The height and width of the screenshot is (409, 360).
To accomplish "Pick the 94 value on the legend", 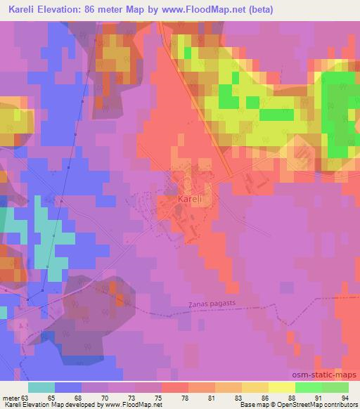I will click(x=345, y=397).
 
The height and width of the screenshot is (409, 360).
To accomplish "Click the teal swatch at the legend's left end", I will click(x=41, y=387).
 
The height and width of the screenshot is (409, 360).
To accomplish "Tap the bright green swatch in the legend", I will click(x=308, y=387).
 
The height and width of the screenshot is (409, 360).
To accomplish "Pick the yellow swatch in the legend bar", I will click(x=281, y=387).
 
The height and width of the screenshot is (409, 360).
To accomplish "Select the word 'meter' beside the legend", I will click(x=12, y=397).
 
